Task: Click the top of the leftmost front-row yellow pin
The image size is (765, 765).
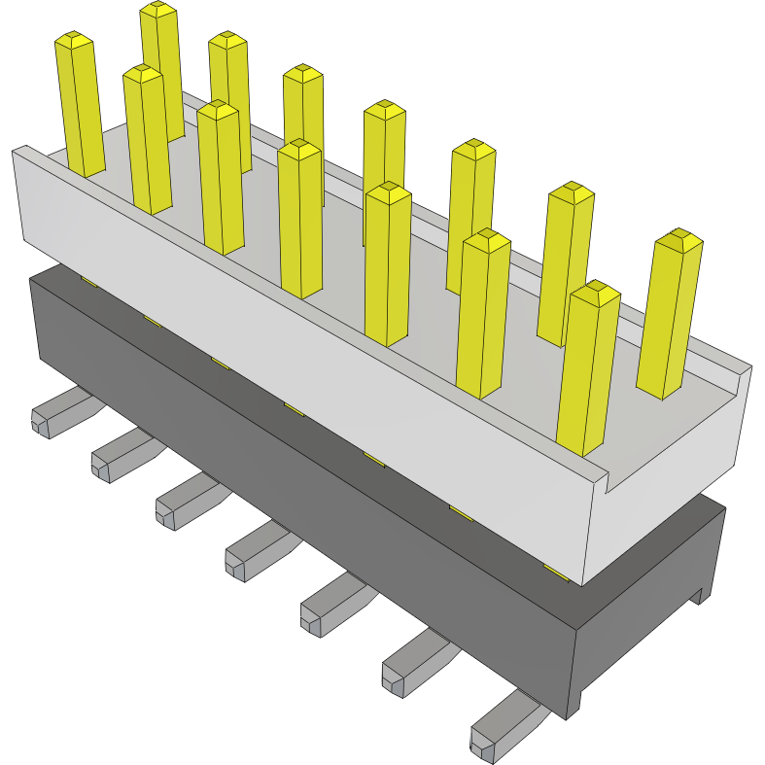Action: (x=74, y=41)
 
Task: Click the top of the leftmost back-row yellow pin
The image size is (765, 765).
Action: (x=157, y=10)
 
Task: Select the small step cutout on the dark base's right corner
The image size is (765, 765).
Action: (x=699, y=595)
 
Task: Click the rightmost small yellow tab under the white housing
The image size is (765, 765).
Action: (x=555, y=572)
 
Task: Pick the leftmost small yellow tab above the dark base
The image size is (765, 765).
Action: (x=88, y=281)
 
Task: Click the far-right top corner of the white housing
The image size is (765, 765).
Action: (x=748, y=367)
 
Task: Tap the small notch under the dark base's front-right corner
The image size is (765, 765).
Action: (x=574, y=710)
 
